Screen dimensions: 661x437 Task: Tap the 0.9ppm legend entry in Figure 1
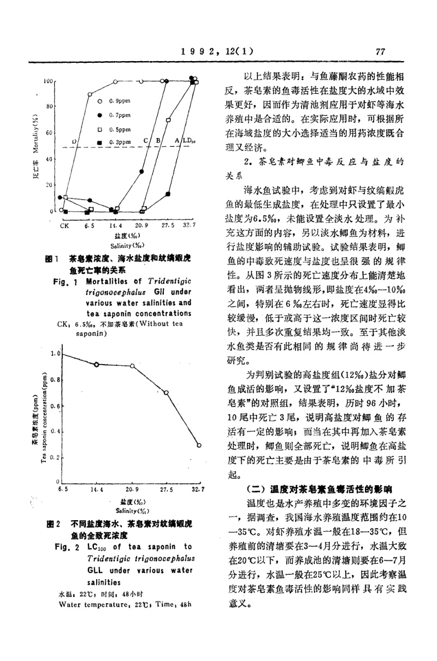[x=114, y=101]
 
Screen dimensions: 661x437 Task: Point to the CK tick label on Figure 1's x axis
[x=64, y=225]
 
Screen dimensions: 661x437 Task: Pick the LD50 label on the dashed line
[x=189, y=141]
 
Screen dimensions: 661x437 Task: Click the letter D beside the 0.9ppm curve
[x=74, y=141]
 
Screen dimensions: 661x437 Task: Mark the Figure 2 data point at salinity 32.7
[x=199, y=445]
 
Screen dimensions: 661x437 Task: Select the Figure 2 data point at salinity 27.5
[x=166, y=392]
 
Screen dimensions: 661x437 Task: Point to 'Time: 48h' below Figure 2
[x=166, y=604]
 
